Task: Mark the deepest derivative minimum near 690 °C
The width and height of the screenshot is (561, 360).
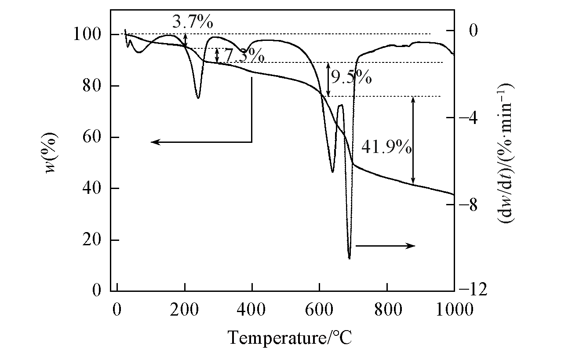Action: click(349, 258)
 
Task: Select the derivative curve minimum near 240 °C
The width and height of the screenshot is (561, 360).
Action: click(198, 98)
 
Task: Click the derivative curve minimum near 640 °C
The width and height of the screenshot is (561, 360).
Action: click(332, 172)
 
